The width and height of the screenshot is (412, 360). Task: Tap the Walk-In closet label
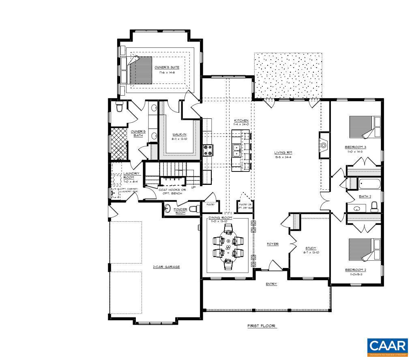tap(179, 134)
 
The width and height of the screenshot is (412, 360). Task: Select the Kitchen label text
tap(241, 121)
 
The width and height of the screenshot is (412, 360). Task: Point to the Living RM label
tap(283, 152)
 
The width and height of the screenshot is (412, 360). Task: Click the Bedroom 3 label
tap(356, 147)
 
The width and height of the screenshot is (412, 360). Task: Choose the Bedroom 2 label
tap(356, 270)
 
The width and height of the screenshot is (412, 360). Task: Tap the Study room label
tap(311, 248)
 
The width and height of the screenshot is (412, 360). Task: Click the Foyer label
tap(272, 244)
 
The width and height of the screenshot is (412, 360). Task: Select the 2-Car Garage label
tap(166, 267)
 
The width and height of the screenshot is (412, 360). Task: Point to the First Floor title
tap(262, 326)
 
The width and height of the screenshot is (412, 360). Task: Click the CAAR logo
tap(387, 347)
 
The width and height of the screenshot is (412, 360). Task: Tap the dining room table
tap(228, 246)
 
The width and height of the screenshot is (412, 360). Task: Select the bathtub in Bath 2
tap(369, 184)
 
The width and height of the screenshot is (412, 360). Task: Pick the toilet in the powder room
tap(194, 209)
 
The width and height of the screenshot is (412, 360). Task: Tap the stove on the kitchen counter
tap(208, 150)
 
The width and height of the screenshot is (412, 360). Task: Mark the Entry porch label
tap(271, 284)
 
